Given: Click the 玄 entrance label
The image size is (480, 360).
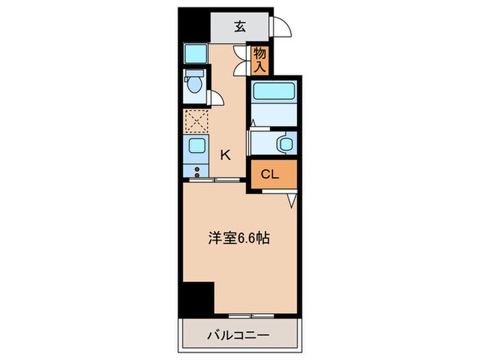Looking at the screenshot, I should pos(240,27).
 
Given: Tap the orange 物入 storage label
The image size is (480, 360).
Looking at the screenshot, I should pos(260,59).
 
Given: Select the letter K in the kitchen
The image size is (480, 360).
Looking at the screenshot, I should pos(224,154).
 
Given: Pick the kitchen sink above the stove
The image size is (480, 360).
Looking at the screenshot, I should pos(195,145).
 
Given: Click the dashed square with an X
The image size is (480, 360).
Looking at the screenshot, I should pos(195,122).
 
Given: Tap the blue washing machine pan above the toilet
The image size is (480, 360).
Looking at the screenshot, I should pos(195,54).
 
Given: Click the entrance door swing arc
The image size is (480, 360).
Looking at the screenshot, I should pos(281,27).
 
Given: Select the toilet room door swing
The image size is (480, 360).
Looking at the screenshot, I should pos(215,99).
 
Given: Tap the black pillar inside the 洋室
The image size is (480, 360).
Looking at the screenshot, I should pos(199,298).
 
